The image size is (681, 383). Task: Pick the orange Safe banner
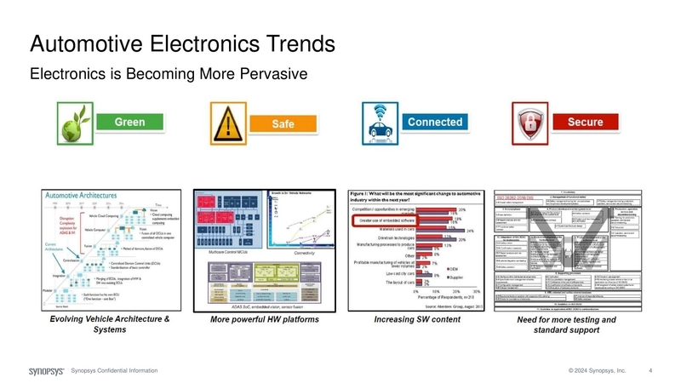click(x=283, y=124)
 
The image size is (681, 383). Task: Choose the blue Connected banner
click(x=435, y=123)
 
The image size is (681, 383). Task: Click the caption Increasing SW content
click(x=412, y=320)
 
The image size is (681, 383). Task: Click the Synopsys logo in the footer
click(x=46, y=372)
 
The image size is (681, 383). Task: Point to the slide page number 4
click(x=650, y=372)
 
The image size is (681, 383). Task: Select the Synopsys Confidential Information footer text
click(x=114, y=372)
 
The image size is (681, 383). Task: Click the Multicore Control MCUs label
click(x=221, y=253)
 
